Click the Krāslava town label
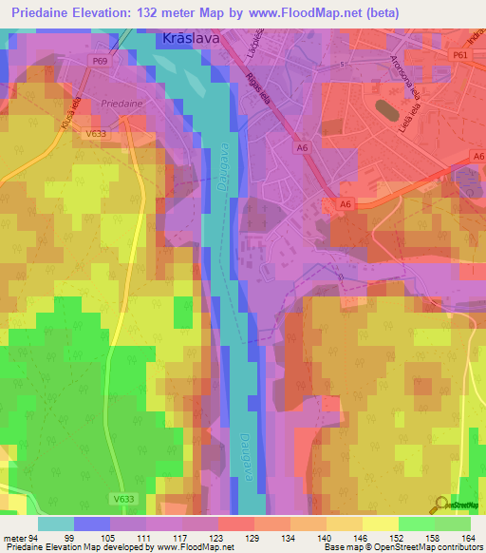point(183,41)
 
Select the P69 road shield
point(100,61)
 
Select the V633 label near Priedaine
point(94,134)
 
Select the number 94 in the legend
point(32,539)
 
